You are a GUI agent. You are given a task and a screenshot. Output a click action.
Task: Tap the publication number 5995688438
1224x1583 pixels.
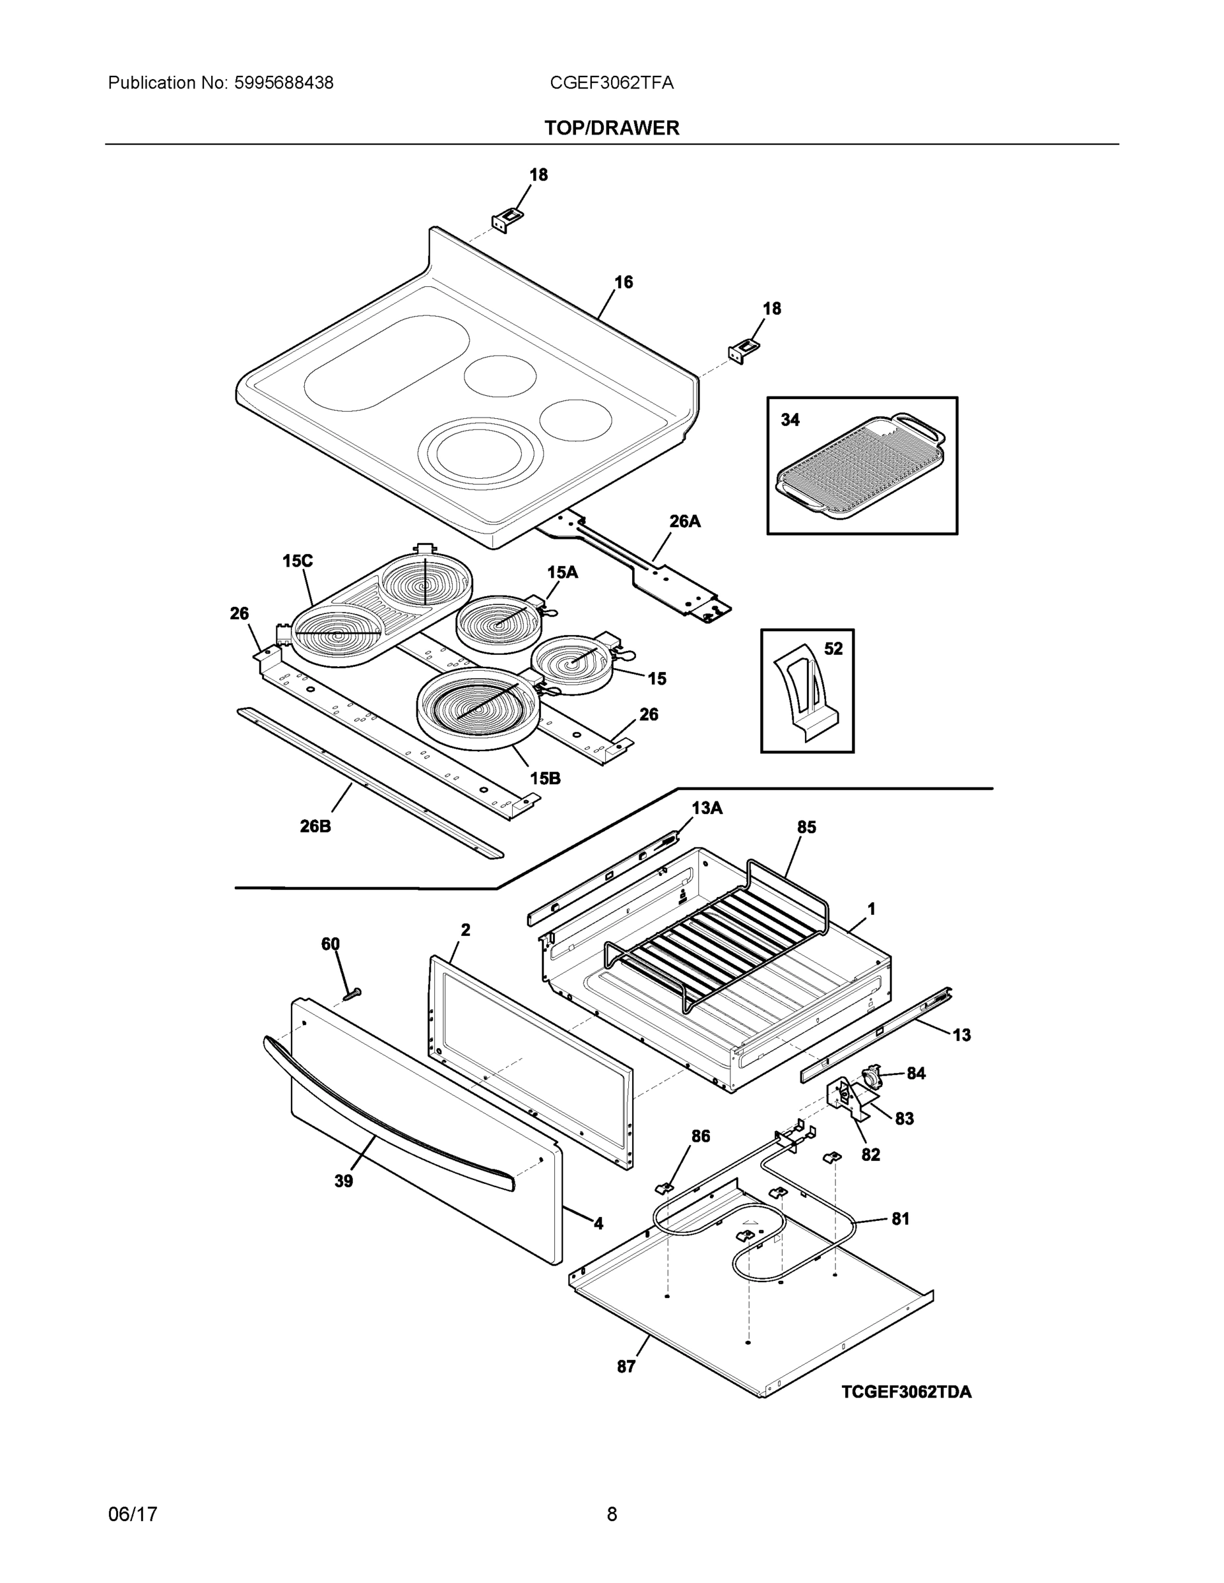tap(284, 83)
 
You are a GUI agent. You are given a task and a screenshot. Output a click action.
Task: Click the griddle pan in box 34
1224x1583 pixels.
tap(860, 466)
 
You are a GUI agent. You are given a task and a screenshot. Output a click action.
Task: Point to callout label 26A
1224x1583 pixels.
tap(684, 521)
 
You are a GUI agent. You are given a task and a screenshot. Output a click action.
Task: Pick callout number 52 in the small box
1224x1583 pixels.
tap(833, 649)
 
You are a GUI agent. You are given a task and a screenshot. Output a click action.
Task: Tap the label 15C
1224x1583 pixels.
tap(298, 560)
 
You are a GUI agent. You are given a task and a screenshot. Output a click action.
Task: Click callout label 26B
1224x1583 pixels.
tap(315, 826)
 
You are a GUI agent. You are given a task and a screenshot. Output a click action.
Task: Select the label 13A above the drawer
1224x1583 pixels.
tap(706, 808)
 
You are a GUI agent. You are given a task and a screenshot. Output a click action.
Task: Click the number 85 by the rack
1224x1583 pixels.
tap(806, 827)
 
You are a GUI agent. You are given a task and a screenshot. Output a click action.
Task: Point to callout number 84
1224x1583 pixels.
tap(916, 1073)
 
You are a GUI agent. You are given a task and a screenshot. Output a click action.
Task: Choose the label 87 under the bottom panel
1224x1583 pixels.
tap(626, 1366)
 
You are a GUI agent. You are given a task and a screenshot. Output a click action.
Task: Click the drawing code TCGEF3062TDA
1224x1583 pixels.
tap(907, 1392)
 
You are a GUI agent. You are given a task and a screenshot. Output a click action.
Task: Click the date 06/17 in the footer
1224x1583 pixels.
tap(133, 1514)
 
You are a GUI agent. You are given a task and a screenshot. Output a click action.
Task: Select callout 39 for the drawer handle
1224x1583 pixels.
tap(344, 1181)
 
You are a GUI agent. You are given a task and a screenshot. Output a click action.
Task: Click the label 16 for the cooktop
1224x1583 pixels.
tap(624, 282)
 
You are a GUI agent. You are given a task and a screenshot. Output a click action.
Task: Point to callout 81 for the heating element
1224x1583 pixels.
tap(900, 1218)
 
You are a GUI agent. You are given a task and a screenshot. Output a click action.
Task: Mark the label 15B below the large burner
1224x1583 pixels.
tap(544, 778)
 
